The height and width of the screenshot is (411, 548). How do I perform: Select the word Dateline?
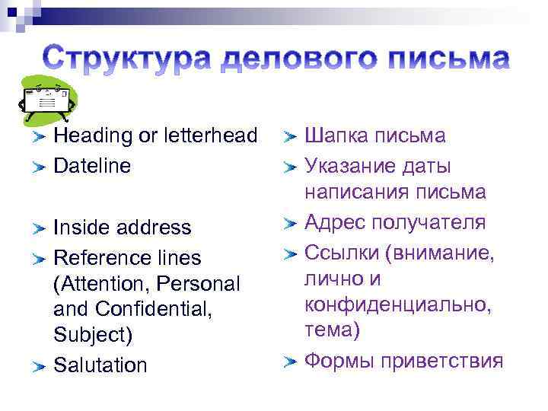(x=92, y=166)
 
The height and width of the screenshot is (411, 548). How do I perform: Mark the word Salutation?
(x=100, y=365)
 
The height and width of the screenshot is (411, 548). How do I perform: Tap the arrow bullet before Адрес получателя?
(x=290, y=224)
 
